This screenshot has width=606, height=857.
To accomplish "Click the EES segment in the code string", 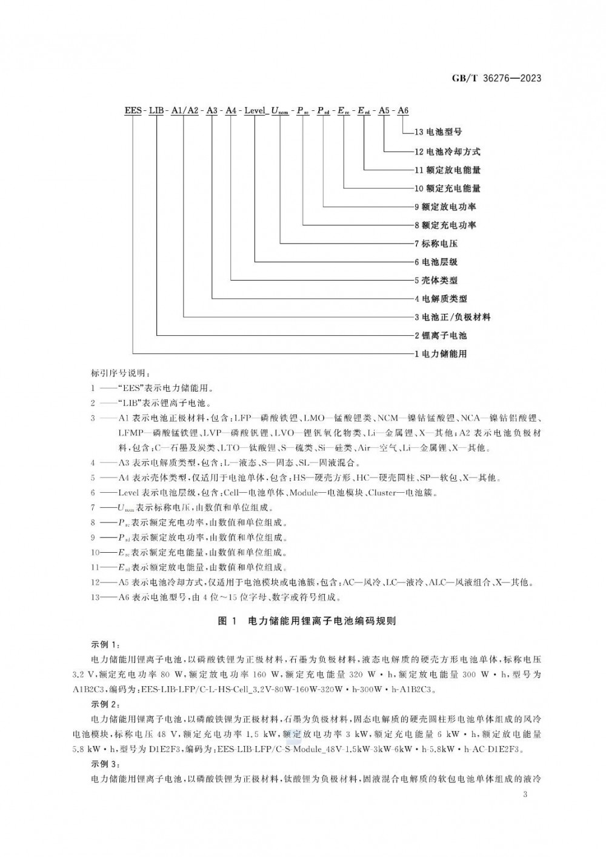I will pos(133,110).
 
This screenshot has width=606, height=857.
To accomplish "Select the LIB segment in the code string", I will pos(158,110).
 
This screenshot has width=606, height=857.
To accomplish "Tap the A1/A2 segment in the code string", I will pos(184,110).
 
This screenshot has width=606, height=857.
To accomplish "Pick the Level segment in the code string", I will pos(255,110).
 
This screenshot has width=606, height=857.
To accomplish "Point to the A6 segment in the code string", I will pos(402,110).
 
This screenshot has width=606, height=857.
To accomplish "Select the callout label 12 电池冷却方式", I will pos(447,151).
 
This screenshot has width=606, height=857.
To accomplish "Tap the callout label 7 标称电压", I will pos(436,244).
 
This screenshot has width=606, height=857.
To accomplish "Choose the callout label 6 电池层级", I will pos(436,262).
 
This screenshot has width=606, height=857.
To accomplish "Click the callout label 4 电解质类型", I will pos(441,299).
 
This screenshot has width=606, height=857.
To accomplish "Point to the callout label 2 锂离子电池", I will pos(441,335).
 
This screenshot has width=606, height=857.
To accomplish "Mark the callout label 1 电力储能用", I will pos(441,353).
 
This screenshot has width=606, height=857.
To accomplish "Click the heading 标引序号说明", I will pos(115,372).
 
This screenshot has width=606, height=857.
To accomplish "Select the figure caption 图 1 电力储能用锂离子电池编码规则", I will pos(307,621).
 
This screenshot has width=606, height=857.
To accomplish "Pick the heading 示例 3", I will pos(105,764).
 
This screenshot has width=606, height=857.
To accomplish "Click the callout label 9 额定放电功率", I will pos(445,207).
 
